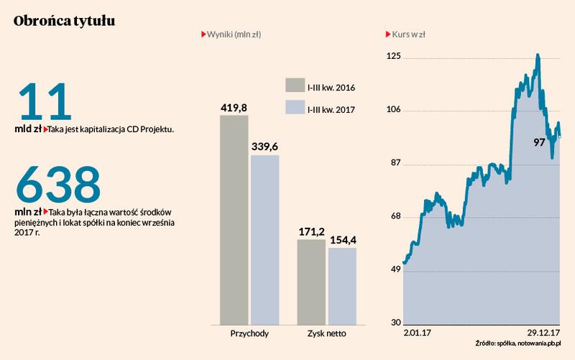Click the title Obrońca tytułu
point(63,22)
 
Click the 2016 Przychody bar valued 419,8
point(234,219)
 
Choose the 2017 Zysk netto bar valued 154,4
point(342,286)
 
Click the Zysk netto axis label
point(327,334)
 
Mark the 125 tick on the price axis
point(392,57)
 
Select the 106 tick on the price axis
point(392,110)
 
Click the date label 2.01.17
point(417,333)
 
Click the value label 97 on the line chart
point(540,143)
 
